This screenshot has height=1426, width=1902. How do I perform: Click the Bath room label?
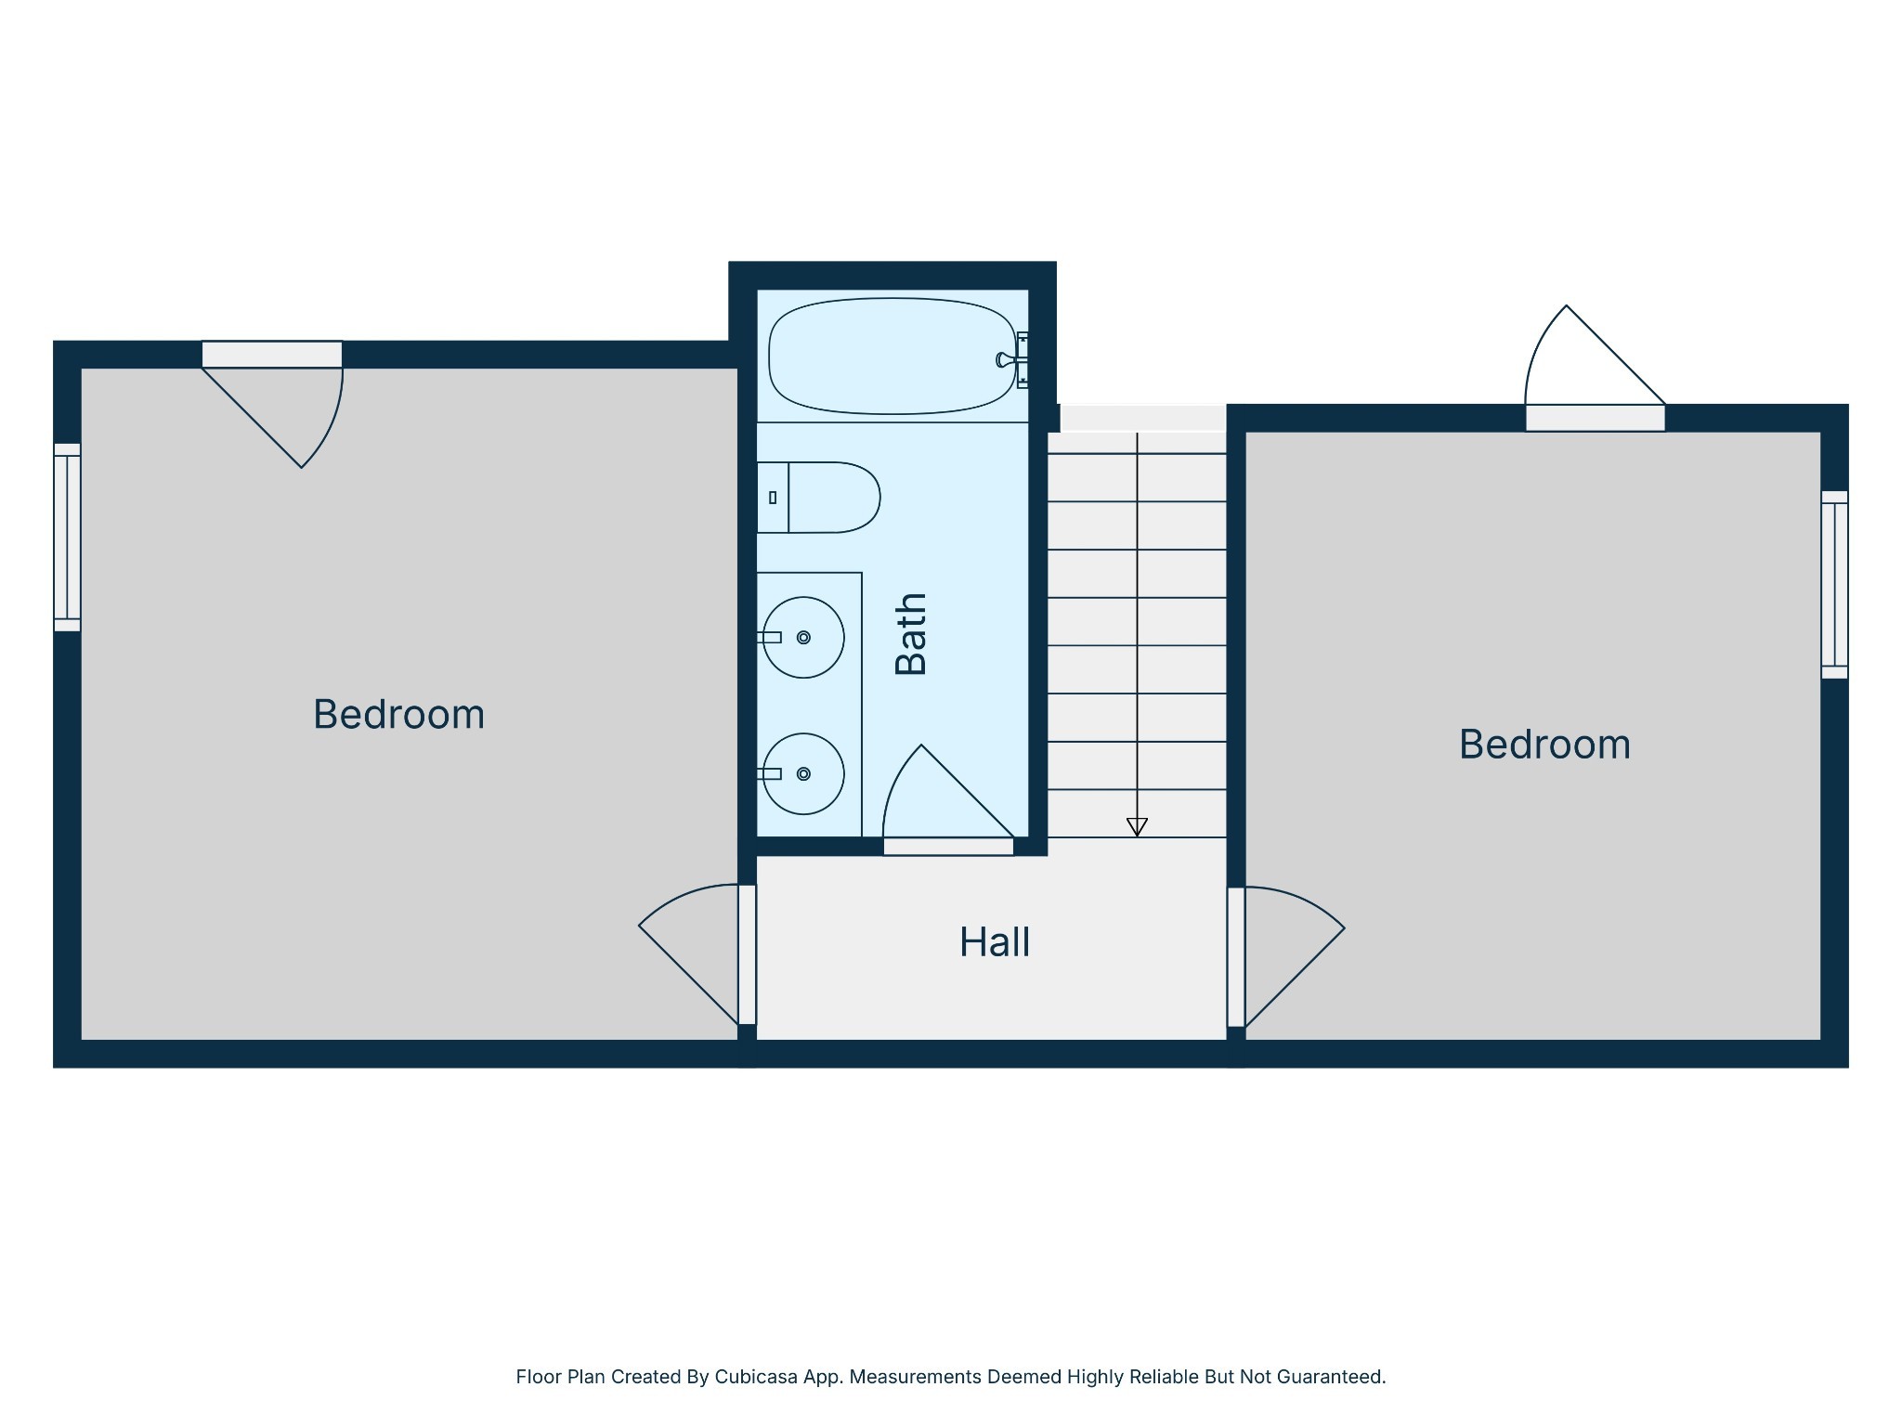[911, 634]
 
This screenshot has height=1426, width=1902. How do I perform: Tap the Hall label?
[994, 942]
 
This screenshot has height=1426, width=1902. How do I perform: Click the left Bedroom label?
[398, 714]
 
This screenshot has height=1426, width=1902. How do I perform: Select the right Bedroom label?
[1544, 745]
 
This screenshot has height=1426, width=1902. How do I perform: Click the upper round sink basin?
[804, 637]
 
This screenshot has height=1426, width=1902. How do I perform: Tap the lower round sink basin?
[804, 773]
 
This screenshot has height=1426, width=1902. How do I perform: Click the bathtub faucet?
[1007, 359]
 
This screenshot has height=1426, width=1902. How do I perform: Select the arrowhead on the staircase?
[1137, 826]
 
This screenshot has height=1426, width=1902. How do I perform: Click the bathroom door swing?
[938, 798]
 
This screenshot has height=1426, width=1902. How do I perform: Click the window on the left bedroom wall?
[67, 537]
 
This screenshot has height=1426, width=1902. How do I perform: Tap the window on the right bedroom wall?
[1834, 585]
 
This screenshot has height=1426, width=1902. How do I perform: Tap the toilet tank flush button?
[773, 498]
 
